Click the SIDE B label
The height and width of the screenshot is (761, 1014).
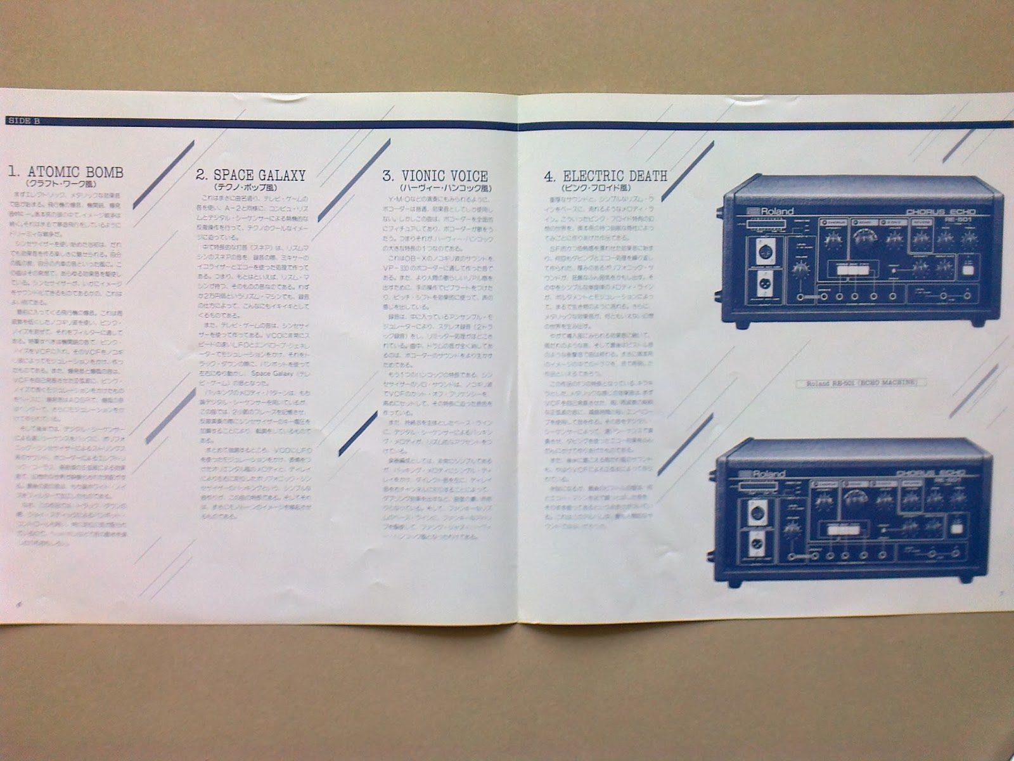point(23,121)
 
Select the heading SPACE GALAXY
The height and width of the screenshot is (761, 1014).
point(259,175)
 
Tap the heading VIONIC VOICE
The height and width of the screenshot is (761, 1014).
point(444,176)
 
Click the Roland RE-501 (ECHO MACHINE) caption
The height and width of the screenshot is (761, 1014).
point(866,382)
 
